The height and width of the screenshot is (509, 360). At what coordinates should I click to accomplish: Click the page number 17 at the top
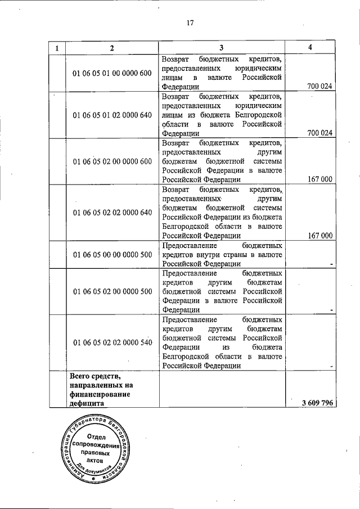pos(190,23)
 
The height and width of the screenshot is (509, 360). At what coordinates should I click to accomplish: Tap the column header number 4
pos(310,47)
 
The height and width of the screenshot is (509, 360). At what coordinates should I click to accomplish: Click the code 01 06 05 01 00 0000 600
pos(112,73)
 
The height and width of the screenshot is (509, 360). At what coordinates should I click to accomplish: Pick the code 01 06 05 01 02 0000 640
pos(112,115)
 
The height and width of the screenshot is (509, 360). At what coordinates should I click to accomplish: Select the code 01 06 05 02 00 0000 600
pos(112,161)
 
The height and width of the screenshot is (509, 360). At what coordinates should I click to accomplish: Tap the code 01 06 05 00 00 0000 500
pos(112,255)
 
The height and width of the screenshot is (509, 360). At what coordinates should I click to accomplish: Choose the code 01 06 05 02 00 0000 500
pos(112,291)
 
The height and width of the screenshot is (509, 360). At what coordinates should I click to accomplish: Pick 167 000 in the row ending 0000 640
pos(321,236)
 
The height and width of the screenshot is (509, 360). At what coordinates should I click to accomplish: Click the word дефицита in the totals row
pos(88,403)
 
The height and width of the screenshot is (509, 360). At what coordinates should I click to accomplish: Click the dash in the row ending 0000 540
pos(332,366)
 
